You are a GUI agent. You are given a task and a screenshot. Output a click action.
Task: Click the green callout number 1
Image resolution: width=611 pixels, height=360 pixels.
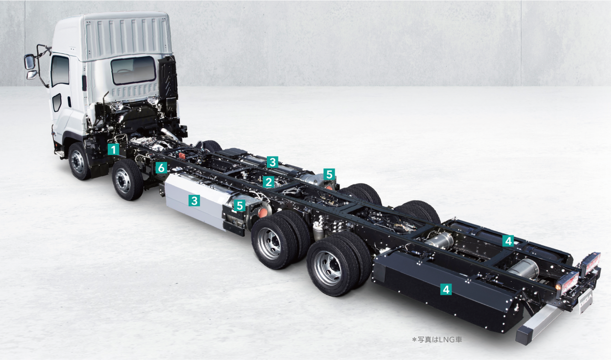pyautogui.click(x=113, y=149)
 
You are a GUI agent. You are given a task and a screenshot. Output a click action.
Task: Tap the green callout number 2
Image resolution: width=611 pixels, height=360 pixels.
pyautogui.click(x=268, y=182)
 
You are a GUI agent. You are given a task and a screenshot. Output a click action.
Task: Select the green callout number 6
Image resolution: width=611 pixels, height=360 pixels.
pyautogui.click(x=161, y=168)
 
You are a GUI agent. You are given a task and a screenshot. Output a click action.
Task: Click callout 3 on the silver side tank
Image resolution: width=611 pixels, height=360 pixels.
pyautogui.click(x=194, y=201)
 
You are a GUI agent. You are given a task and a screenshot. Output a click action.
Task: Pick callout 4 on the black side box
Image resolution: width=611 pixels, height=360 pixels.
pyautogui.click(x=445, y=289)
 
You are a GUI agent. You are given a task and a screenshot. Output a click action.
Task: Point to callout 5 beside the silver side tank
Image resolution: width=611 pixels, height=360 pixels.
pyautogui.click(x=240, y=206)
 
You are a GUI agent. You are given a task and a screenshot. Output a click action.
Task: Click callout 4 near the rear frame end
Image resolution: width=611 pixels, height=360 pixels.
pyautogui.click(x=508, y=241)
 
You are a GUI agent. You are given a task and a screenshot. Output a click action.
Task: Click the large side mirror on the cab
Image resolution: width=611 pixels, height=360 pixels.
pyautogui.click(x=30, y=62)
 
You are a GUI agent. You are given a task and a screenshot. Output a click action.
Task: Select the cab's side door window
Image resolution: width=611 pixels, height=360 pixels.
pyautogui.click(x=60, y=71)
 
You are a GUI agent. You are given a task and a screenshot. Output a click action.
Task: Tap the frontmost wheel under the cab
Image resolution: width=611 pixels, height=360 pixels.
pyautogui.click(x=78, y=162)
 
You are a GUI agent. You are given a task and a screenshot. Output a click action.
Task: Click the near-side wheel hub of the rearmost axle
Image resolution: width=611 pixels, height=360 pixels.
pyautogui.click(x=328, y=267)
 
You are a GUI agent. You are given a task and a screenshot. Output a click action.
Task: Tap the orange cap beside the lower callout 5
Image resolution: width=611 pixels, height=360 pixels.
pyautogui.click(x=262, y=212)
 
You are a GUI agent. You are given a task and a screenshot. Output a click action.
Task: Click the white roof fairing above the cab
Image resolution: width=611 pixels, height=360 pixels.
pyautogui.click(x=126, y=33)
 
